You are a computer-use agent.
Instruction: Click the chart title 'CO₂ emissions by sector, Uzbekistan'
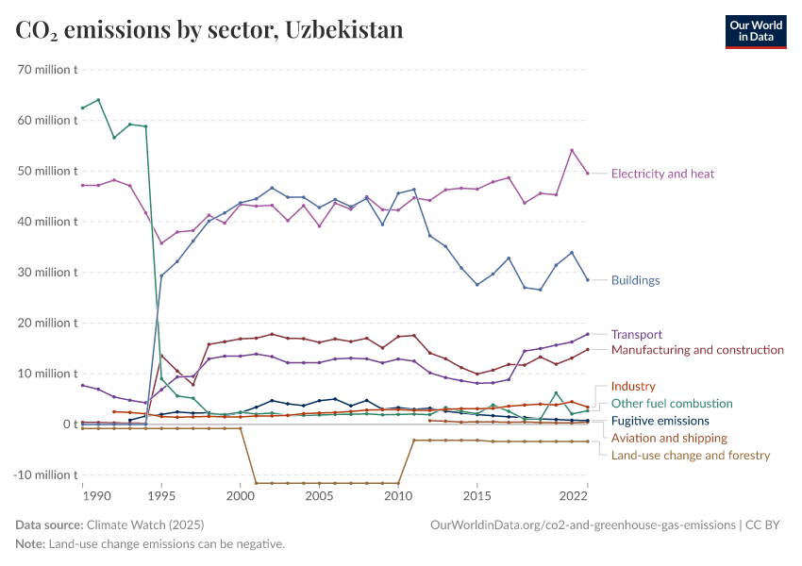pyautogui.click(x=209, y=30)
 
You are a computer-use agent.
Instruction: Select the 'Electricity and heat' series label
pyautogui.click(x=662, y=174)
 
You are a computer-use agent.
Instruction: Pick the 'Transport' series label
pyautogui.click(x=636, y=334)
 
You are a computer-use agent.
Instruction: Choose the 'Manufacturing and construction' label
pyautogui.click(x=697, y=350)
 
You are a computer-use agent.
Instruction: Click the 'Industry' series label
pyautogui.click(x=632, y=387)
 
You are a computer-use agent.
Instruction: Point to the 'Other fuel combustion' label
pyautogui.click(x=671, y=404)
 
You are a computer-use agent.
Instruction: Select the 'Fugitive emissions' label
pyautogui.click(x=660, y=421)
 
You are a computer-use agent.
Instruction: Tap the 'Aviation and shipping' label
pyautogui.click(x=669, y=438)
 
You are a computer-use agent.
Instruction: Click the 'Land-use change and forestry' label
pyautogui.click(x=691, y=456)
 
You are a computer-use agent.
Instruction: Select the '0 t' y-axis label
pyautogui.click(x=69, y=424)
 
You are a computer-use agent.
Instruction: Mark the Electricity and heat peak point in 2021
pyautogui.click(x=572, y=150)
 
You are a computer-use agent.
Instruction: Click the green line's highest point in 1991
pyautogui.click(x=98, y=100)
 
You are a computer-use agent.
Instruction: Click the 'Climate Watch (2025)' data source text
pyautogui.click(x=144, y=524)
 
